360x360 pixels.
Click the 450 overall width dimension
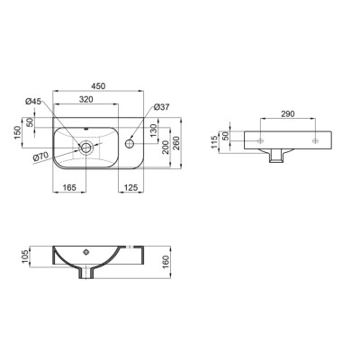(99, 87)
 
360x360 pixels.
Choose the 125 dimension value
(130, 188)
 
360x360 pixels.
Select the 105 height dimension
(29, 257)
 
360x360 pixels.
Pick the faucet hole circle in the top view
(131, 142)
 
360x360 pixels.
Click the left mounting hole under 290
(261, 142)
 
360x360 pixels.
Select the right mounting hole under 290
(315, 142)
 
